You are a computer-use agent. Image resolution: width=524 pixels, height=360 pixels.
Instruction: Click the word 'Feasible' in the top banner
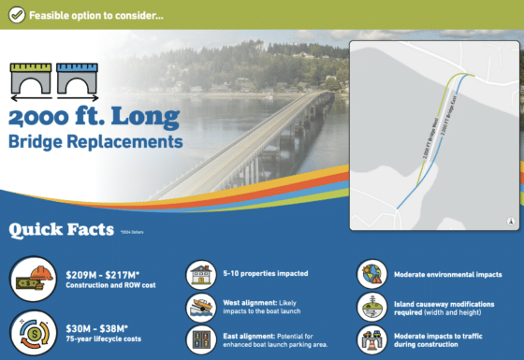[52, 15]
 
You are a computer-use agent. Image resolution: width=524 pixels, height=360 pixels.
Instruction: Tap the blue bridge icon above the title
[76, 79]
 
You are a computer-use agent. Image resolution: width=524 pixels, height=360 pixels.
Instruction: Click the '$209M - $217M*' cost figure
[105, 274]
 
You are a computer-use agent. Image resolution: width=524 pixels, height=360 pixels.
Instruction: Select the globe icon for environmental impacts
[371, 275]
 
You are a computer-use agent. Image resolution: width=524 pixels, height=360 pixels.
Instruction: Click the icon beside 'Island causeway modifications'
[371, 305]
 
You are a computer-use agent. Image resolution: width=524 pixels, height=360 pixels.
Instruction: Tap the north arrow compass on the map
[510, 222]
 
